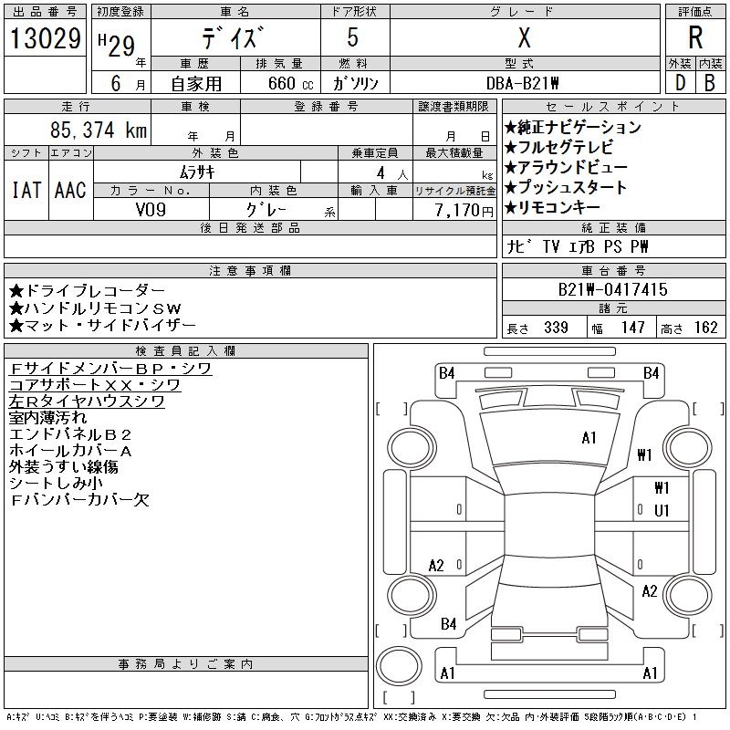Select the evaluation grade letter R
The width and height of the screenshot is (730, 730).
pos(695,38)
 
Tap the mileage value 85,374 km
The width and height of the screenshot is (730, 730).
pos(99,130)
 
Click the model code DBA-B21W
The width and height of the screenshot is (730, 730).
pos(524,83)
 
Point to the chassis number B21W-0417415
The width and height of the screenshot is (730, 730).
pos(613,289)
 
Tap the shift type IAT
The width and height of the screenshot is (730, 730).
pos(26,190)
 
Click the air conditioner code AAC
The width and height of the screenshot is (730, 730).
pos(70,190)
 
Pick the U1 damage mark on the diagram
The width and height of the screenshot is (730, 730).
pos(662,510)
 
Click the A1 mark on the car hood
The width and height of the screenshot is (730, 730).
pos(589,438)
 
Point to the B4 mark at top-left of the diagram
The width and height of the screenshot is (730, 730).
pos(446,372)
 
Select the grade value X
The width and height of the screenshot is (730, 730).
pos(524,38)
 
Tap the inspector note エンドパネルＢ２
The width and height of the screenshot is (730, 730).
pos(71,434)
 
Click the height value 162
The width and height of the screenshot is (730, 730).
pos(705,328)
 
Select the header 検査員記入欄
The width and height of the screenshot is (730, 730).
pos(186,350)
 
